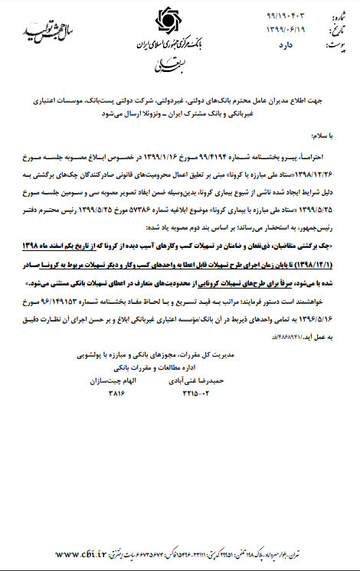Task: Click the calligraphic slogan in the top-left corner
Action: (x=38, y=32)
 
